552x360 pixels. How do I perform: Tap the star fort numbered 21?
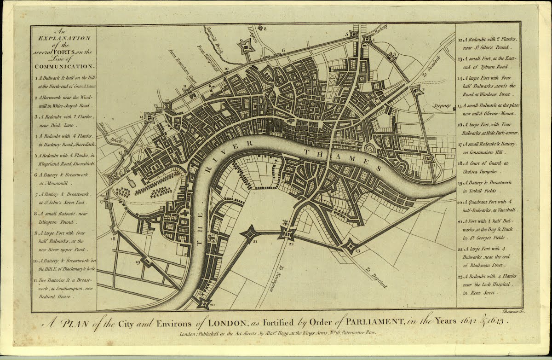(x=250, y=233)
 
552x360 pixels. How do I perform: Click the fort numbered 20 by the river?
(x=203, y=302)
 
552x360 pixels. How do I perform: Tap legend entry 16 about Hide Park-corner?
(x=488, y=128)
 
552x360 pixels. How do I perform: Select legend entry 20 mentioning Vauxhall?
(x=488, y=205)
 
